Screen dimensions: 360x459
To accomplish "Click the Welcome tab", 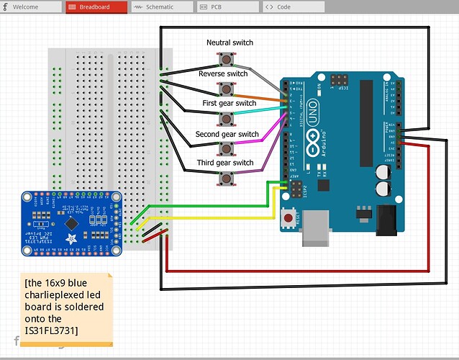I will coord(29,6).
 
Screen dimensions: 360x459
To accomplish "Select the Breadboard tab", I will coord(96,6).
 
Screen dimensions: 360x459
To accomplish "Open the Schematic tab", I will coord(160,6).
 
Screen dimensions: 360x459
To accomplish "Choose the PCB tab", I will coord(224,6).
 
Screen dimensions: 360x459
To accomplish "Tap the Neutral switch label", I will coord(229,42).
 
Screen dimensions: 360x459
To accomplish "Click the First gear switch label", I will coord(229,104).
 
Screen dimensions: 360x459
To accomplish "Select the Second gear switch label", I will coord(227,134).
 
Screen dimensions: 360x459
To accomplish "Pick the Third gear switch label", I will coord(225,163).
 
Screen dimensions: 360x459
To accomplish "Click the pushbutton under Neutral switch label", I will coord(229,58).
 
